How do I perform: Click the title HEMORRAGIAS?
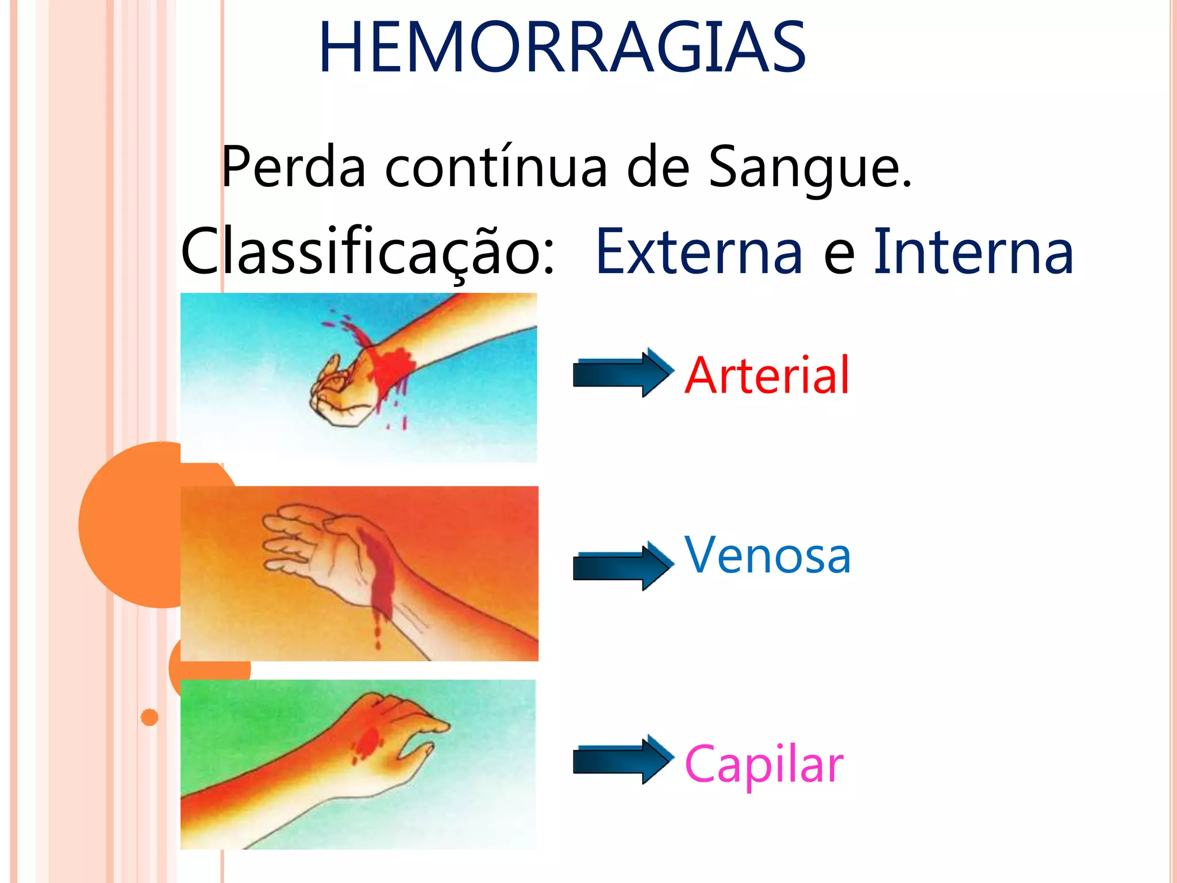pos(562,48)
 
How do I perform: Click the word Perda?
pos(293,167)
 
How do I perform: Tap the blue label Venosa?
pos(767,555)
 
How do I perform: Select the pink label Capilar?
pos(763,765)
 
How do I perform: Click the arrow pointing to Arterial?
pos(623,373)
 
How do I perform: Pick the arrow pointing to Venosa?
pos(623,566)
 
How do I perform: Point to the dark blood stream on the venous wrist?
pos(379,575)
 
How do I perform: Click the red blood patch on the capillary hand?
pos(366,742)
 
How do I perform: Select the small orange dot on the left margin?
pos(149,717)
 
